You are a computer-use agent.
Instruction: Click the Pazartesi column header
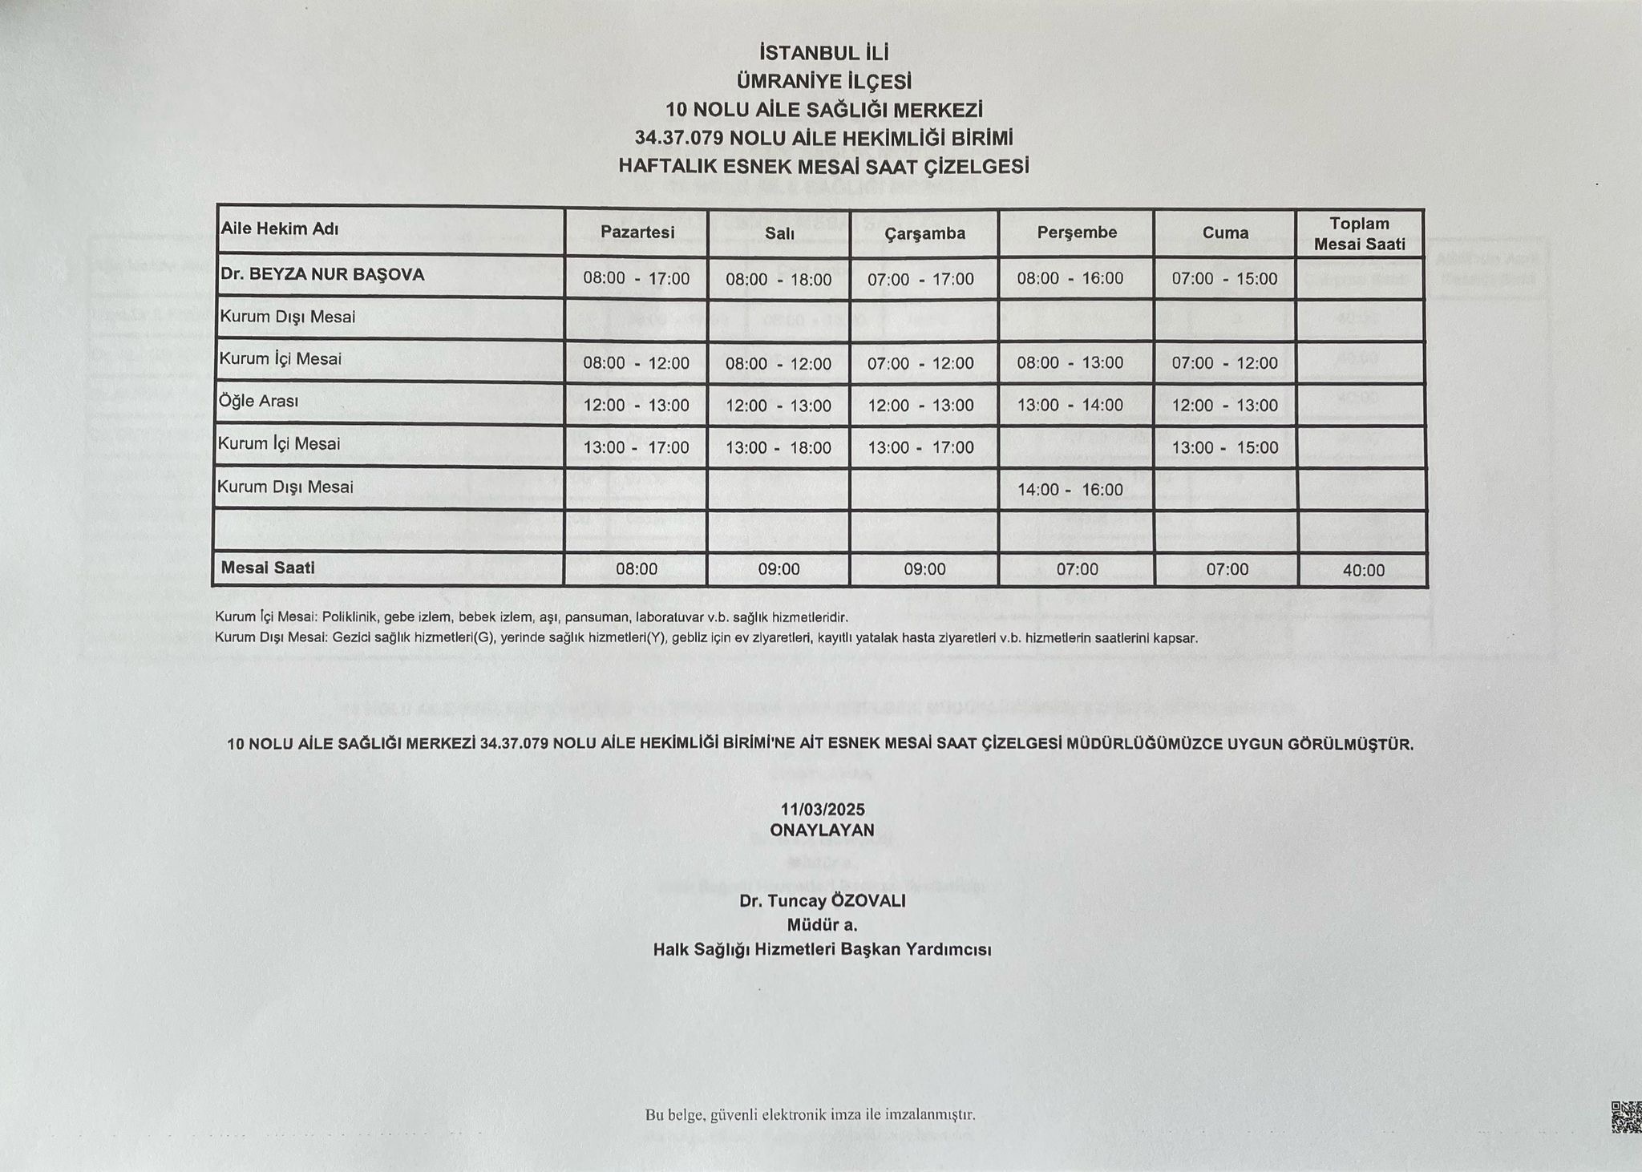[x=637, y=232]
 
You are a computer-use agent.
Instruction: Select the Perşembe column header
[x=1077, y=232]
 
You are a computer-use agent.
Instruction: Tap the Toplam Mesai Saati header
[x=1360, y=233]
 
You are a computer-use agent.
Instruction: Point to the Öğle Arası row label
[x=258, y=401]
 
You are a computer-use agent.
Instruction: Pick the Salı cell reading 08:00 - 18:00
[x=779, y=280]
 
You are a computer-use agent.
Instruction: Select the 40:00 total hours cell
[x=1363, y=571]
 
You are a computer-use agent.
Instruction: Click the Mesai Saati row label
[x=268, y=568]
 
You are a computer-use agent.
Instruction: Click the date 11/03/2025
[x=822, y=810]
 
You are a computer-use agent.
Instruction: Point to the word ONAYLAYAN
[x=822, y=831]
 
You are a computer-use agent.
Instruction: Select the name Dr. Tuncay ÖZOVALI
[x=822, y=901]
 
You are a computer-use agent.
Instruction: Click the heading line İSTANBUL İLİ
[x=824, y=53]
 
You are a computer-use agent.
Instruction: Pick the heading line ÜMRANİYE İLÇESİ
[x=824, y=82]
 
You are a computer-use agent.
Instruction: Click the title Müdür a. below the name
[x=822, y=925]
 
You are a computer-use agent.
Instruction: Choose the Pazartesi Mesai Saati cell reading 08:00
[x=637, y=570]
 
